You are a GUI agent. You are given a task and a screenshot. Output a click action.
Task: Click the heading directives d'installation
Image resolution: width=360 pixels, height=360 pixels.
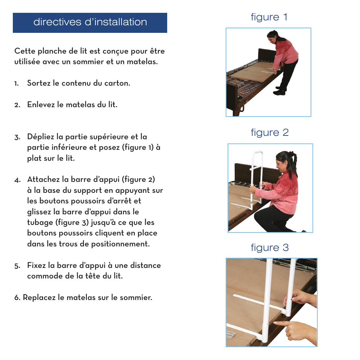pyautogui.click(x=90, y=22)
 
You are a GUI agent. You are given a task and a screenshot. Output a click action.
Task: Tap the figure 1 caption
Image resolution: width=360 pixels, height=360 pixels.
pyautogui.click(x=269, y=17)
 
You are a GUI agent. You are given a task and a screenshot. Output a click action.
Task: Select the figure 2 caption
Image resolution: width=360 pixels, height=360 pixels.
pyautogui.click(x=269, y=132)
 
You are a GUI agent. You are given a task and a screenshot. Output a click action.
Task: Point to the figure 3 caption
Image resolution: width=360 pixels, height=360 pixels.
pyautogui.click(x=269, y=248)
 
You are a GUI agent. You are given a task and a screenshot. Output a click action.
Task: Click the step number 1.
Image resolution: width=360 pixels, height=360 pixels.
pyautogui.click(x=17, y=83)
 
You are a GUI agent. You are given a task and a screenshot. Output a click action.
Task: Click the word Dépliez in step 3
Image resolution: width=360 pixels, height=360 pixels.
pyautogui.click(x=40, y=137)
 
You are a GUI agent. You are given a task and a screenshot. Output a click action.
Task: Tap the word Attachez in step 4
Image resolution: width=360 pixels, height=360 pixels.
pyautogui.click(x=43, y=180)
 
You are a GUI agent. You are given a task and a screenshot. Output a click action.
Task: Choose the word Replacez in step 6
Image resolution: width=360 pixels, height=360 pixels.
pyautogui.click(x=39, y=297)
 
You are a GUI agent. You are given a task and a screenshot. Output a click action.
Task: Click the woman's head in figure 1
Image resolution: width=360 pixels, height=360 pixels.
pyautogui.click(x=273, y=37)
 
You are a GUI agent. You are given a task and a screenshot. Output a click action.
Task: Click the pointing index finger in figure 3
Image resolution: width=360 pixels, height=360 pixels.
pyautogui.click(x=281, y=323)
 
